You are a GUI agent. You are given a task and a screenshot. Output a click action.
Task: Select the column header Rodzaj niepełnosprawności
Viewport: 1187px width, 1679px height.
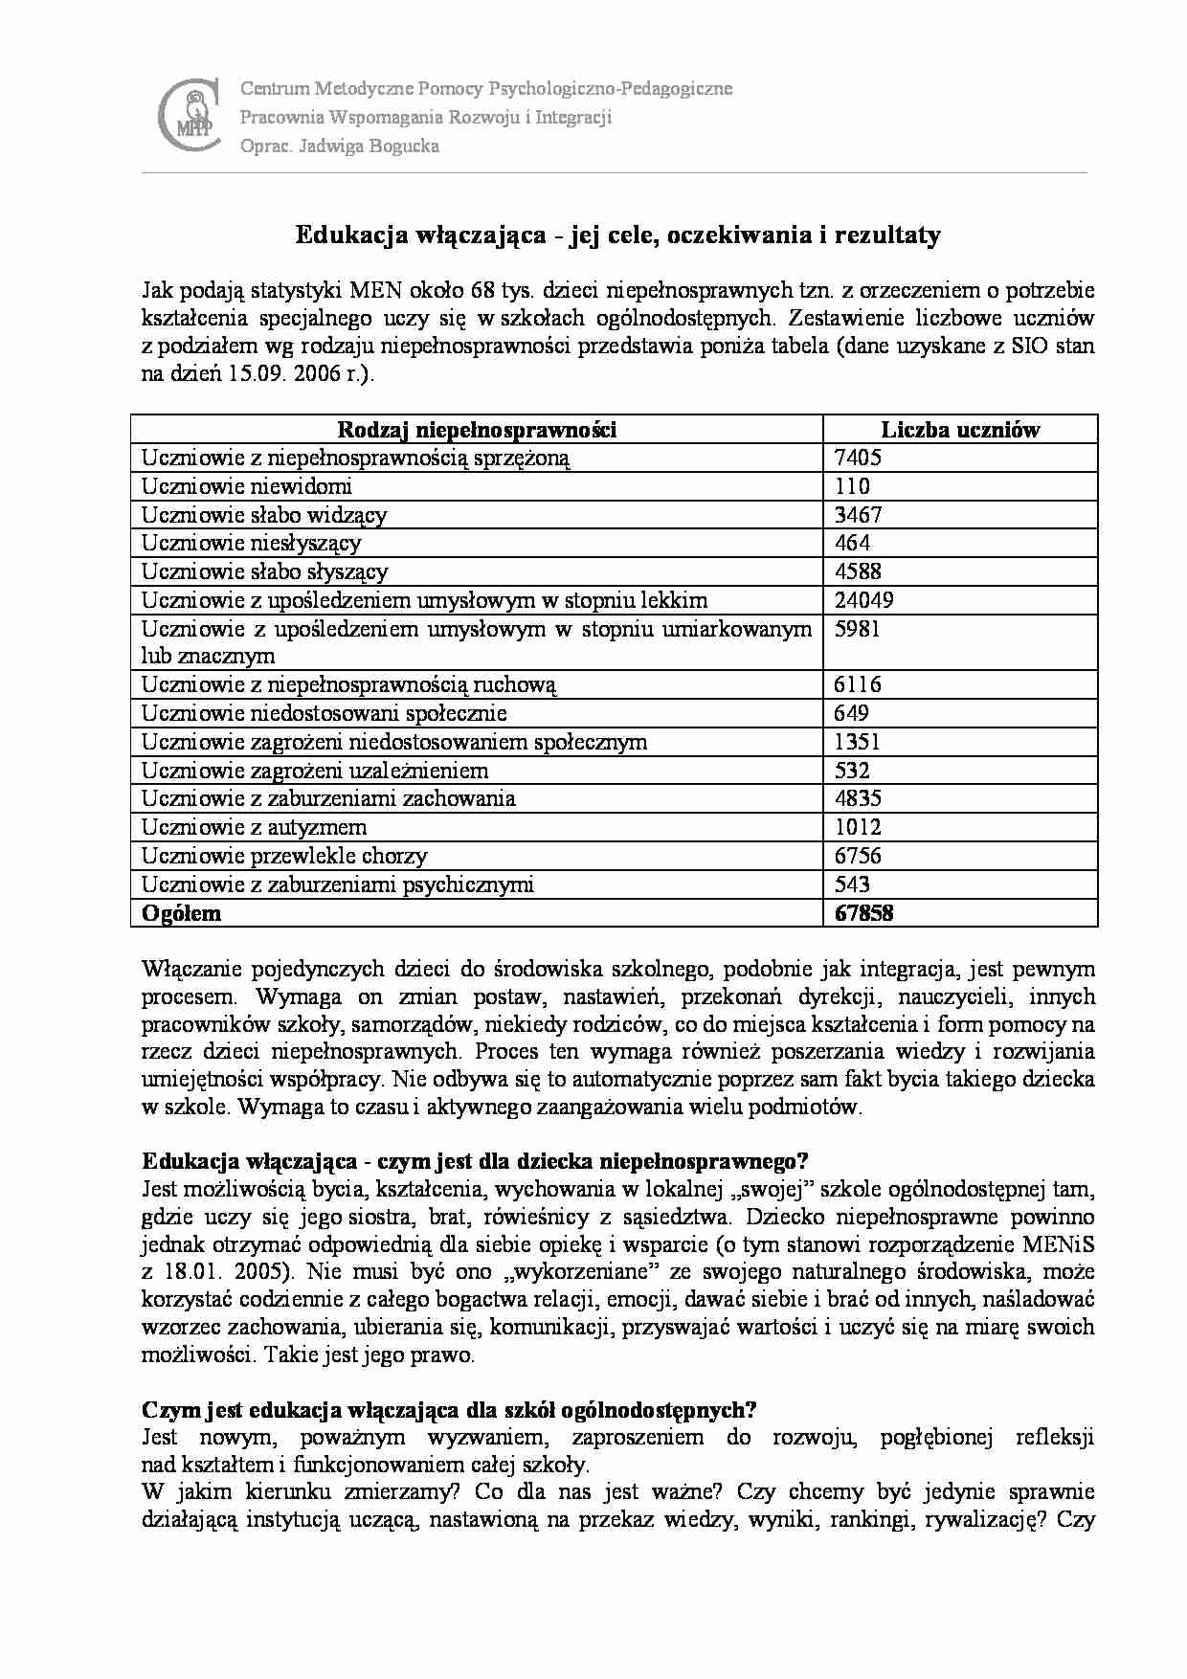(x=477, y=430)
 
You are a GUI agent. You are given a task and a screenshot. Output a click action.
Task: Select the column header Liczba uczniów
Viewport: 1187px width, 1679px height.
(x=959, y=430)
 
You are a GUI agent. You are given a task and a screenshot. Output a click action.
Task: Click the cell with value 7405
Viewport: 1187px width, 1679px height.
(x=858, y=458)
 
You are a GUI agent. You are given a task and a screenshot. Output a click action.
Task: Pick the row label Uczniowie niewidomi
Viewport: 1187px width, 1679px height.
(x=247, y=486)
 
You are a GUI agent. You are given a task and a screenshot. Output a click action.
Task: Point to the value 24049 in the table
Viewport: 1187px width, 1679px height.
(x=864, y=600)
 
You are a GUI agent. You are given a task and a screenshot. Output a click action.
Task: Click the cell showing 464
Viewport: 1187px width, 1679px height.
(x=852, y=543)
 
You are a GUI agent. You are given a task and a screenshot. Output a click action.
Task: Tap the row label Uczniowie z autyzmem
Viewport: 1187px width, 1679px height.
(x=255, y=827)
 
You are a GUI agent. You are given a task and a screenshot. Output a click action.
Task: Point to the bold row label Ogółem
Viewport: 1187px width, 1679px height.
(x=182, y=913)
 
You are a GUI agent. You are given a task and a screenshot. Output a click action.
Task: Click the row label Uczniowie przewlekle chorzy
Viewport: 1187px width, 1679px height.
(x=284, y=856)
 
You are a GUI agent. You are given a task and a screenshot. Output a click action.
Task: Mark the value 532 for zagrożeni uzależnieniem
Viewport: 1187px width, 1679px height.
(x=852, y=771)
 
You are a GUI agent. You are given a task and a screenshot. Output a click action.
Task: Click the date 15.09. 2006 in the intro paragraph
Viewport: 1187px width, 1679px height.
(x=297, y=374)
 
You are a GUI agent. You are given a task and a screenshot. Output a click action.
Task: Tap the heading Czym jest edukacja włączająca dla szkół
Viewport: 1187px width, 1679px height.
(x=449, y=1410)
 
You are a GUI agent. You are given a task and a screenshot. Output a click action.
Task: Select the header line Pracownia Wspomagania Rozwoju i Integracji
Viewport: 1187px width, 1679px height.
(x=426, y=118)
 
